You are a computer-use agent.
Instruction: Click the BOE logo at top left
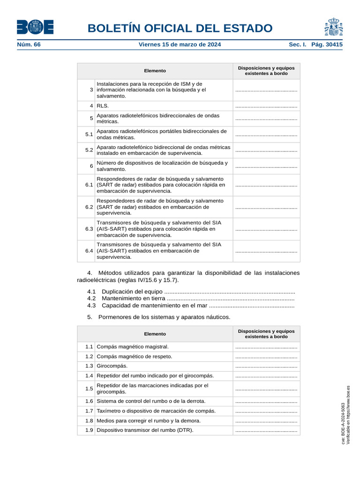coord(35,27)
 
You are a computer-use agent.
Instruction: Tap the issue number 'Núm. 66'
coord(29,45)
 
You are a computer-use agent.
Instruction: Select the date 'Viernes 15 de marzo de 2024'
coord(180,45)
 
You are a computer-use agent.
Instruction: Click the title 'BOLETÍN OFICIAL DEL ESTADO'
coord(180,28)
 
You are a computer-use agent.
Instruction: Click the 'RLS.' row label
coord(103,106)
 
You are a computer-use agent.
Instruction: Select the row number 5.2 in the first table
coord(89,150)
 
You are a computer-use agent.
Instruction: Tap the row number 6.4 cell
coord(89,251)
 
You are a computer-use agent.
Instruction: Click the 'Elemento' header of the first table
coord(155,71)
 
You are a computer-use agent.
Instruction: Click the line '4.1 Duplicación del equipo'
coord(191,292)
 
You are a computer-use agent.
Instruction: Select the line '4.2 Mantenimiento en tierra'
coord(191,299)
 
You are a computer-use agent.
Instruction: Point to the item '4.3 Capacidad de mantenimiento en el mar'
coord(191,306)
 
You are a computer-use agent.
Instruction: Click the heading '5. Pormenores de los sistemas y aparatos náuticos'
coord(159,317)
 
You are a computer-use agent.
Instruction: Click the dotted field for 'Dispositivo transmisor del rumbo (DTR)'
coord(266,430)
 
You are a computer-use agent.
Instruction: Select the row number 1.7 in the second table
coord(89,411)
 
